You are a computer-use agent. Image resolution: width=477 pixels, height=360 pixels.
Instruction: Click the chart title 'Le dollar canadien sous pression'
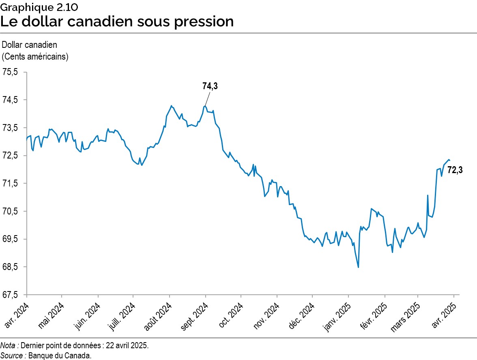pos(117,21)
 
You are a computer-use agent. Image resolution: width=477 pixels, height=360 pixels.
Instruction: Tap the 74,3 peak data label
pos(210,86)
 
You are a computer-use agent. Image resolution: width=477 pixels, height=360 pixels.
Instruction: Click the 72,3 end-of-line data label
pos(455,171)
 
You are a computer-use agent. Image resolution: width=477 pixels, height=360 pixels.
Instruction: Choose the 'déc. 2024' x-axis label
pos(301,313)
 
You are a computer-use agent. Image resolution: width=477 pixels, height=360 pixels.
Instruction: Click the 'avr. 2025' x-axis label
pos(445,312)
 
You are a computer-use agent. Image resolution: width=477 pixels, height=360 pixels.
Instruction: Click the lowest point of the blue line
pos(358,267)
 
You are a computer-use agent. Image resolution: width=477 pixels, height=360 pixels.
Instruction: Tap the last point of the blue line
pos(449,161)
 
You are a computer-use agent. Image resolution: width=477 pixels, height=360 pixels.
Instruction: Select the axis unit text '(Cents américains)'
pos(35,56)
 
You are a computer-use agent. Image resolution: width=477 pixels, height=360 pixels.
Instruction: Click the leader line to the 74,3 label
pos(208,99)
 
